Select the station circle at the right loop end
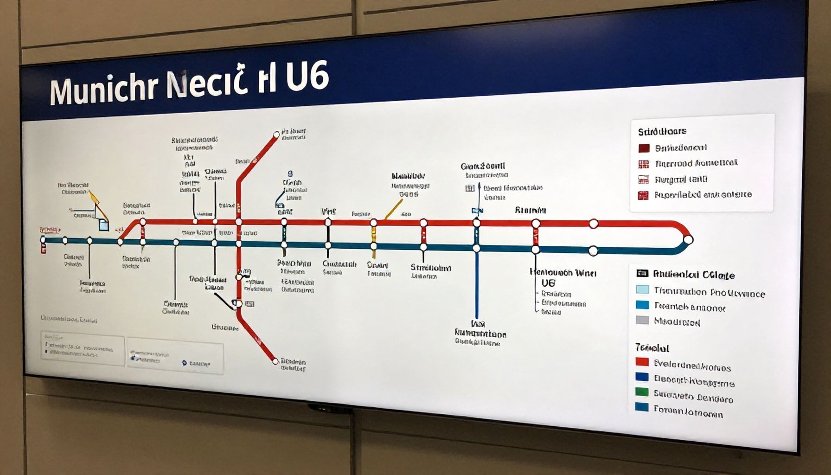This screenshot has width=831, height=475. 688,240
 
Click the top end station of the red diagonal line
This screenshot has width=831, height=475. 276,135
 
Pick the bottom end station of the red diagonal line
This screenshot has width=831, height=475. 275,361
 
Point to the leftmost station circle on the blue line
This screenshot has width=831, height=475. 43,239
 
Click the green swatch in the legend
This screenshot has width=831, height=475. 642,392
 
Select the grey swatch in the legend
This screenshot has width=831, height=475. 642,320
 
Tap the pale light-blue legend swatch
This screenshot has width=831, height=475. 642,289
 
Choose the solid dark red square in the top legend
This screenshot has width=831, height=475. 644,148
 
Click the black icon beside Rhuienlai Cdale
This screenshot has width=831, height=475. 642,273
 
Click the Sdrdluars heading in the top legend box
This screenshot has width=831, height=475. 662,131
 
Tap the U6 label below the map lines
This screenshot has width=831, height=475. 548,282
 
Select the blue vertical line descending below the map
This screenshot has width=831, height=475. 476,288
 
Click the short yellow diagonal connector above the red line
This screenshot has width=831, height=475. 393,209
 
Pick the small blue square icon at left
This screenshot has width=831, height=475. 104,225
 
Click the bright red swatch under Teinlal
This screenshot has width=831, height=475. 642,362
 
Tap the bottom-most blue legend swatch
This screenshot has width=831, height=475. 642,407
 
